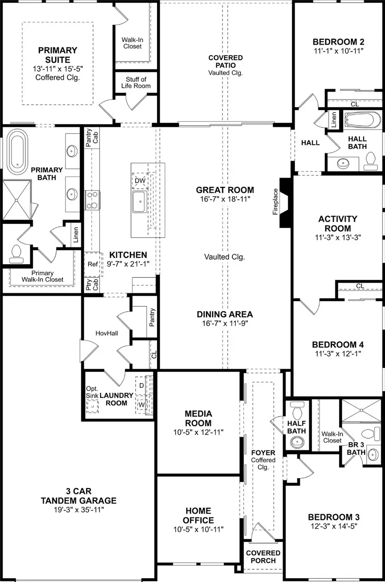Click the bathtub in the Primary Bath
coord(17,152)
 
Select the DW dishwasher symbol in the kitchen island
coord(140,181)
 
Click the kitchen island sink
coord(140,202)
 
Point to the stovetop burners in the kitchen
coord(92,200)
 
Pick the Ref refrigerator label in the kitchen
coord(92,264)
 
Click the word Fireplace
coord(275,202)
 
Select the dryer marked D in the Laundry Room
coord(142,385)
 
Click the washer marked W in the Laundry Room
coord(142,405)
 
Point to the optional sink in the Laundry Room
coord(92,406)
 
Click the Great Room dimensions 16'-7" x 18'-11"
coord(225,199)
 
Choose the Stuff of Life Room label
coord(136,82)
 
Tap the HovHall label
coord(107,333)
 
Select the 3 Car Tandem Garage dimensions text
coord(79,509)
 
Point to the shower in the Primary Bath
coord(17,200)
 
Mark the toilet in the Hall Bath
coord(370,161)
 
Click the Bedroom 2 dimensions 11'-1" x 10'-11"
coord(338,51)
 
